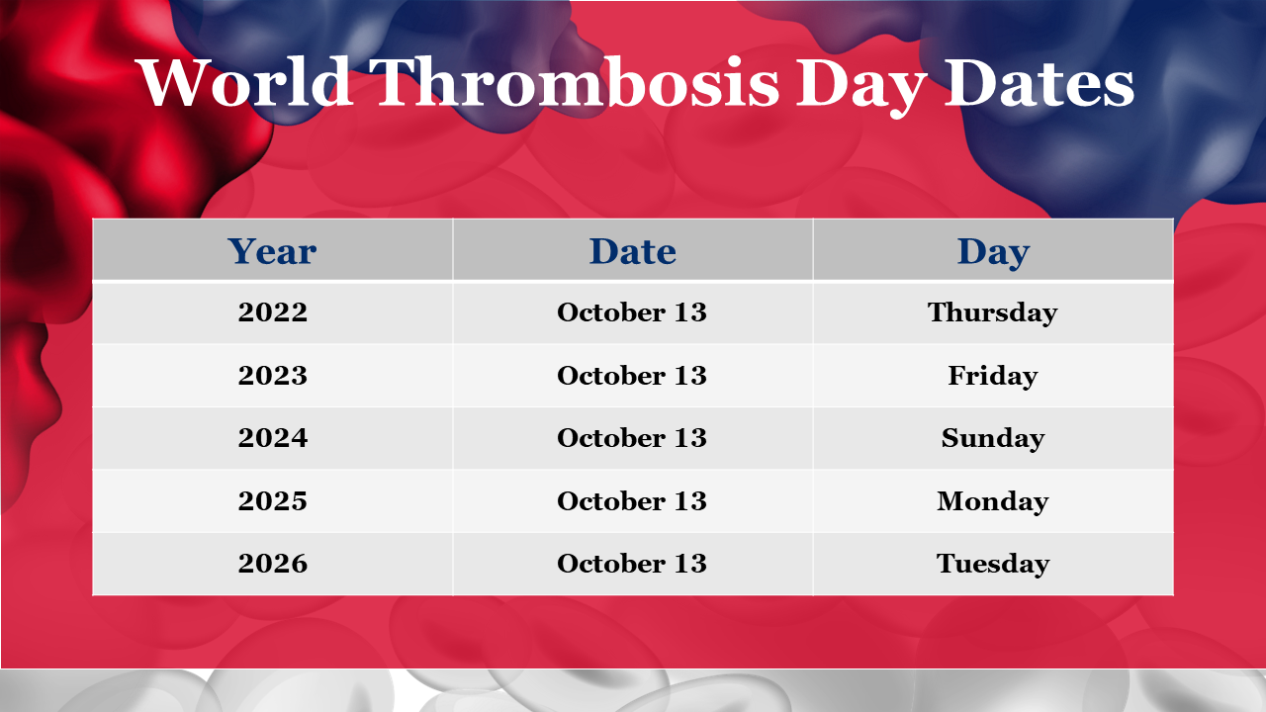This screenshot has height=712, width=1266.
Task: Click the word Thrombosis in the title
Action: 576,82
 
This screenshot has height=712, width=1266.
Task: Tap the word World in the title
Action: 244,82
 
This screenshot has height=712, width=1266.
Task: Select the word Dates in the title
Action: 1039,82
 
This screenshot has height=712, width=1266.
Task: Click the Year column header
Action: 272,251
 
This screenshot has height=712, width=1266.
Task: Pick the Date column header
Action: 632,251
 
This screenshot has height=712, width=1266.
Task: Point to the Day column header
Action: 993,252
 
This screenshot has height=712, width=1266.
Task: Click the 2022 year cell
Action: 272,311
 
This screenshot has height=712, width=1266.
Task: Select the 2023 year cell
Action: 272,375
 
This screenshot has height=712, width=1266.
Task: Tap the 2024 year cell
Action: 272,437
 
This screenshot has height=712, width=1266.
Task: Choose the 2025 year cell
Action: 272,500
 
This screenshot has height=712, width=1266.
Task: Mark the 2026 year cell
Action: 272,563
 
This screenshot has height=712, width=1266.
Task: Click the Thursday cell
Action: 992,313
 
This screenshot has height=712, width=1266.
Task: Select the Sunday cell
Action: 992,438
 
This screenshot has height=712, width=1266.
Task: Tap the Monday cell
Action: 992,501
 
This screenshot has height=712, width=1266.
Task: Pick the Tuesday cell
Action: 992,564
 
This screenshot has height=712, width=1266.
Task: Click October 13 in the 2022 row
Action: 632,311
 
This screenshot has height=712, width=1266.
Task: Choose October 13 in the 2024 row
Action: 632,437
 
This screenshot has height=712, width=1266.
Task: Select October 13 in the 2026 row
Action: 632,563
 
